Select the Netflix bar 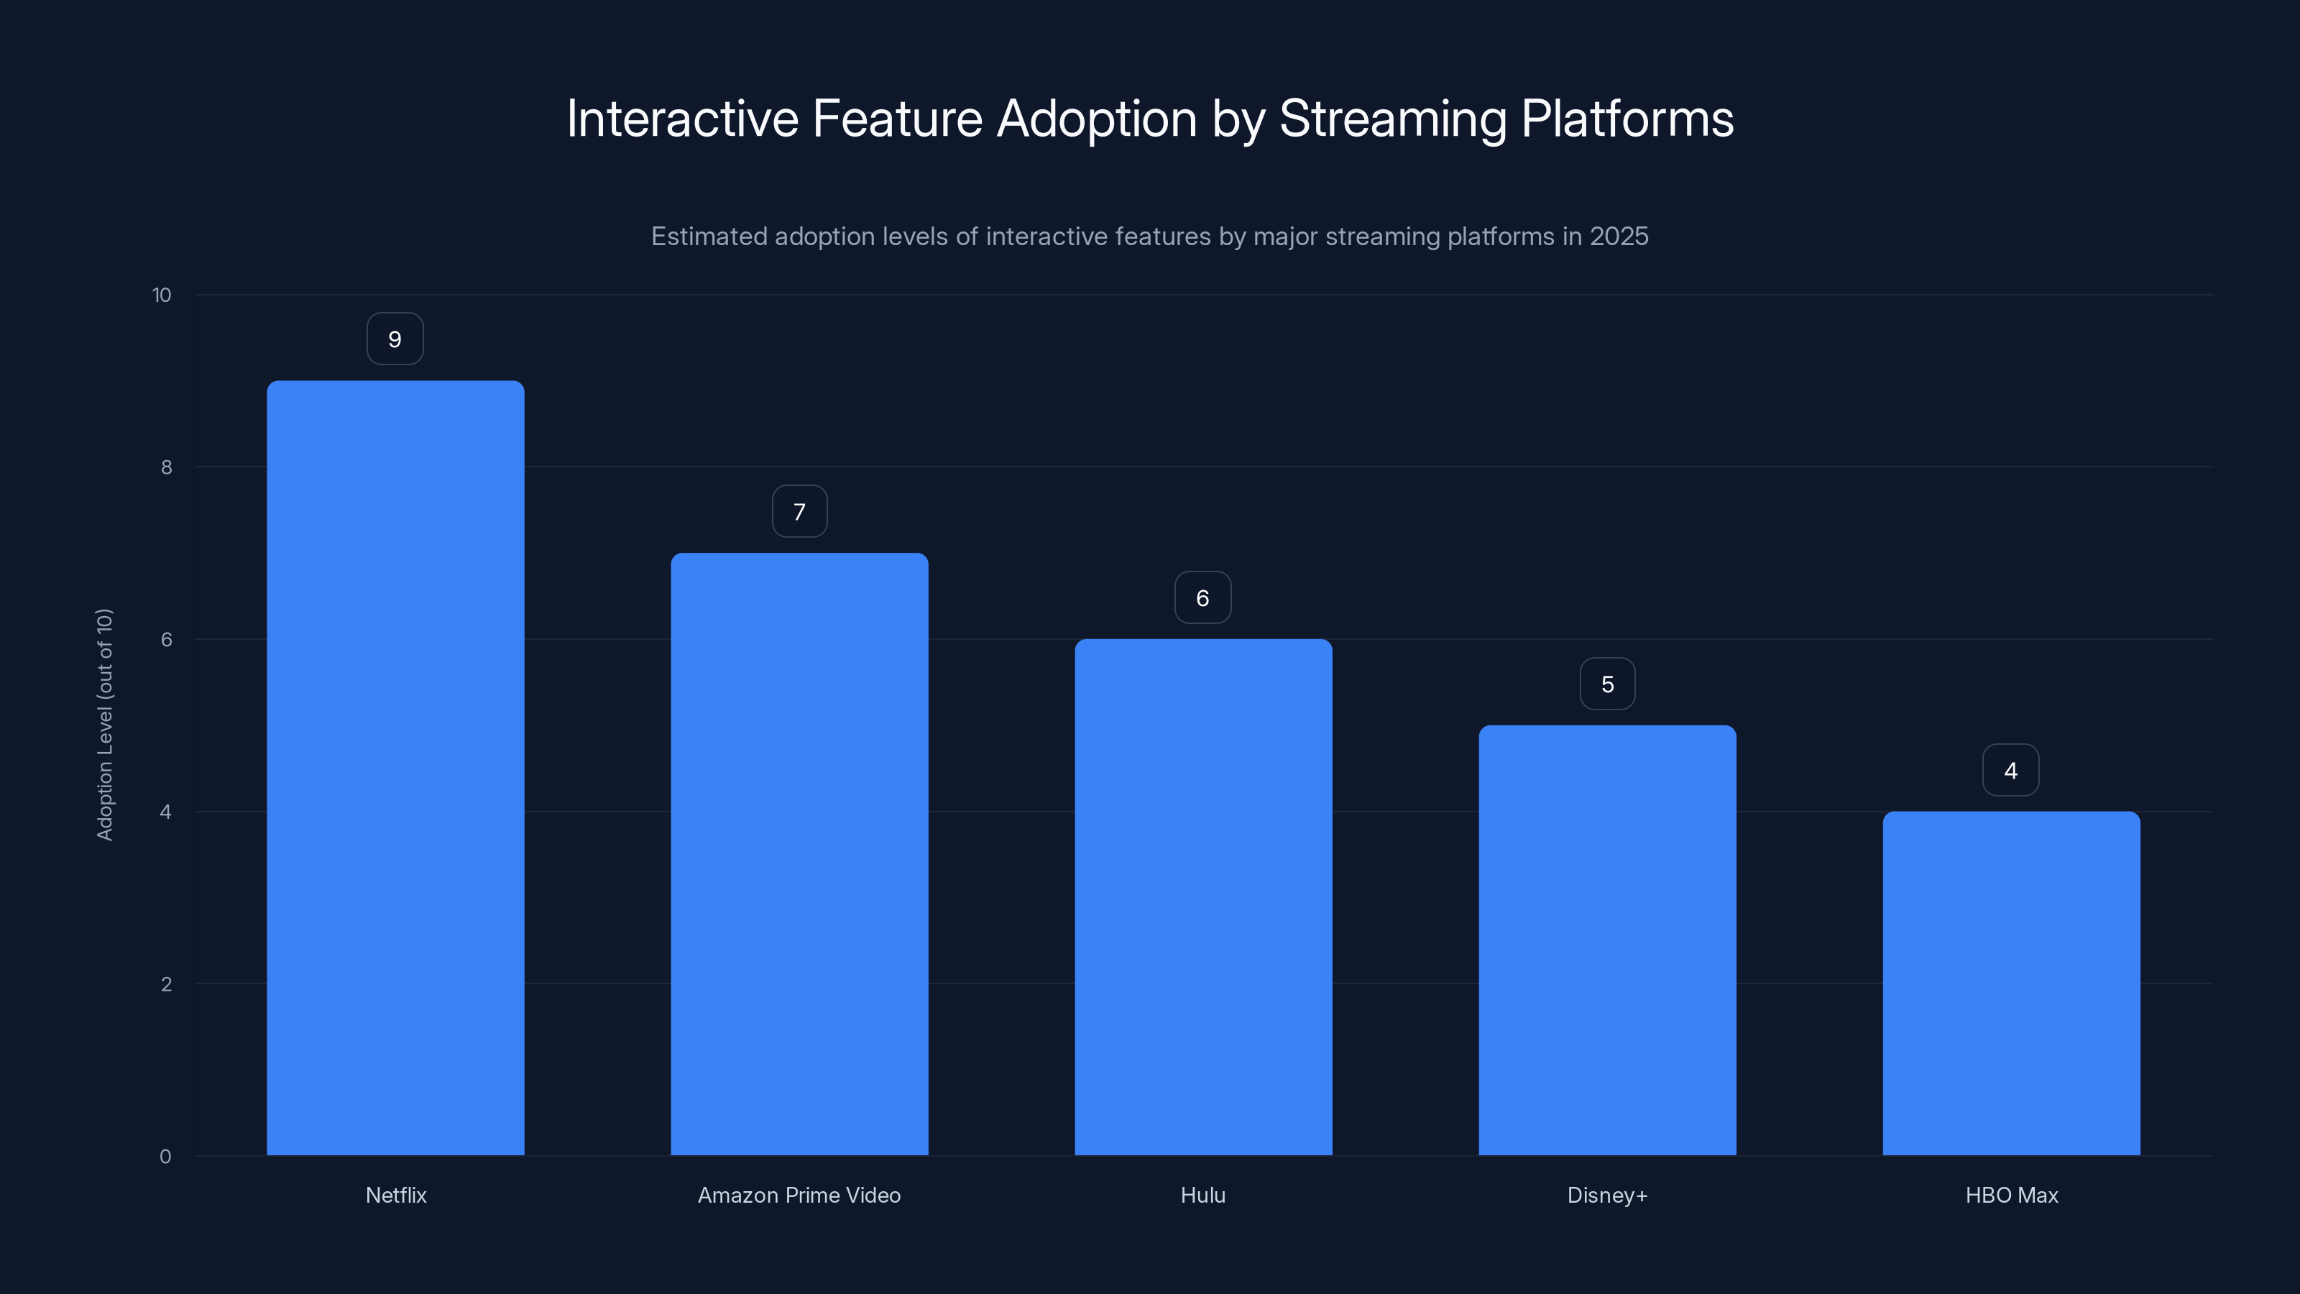(395, 768)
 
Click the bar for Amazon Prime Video (799, 854)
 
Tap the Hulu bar (1202, 896)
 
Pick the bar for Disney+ (1607, 940)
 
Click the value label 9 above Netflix (395, 339)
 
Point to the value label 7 (799, 512)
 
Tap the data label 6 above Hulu (1202, 598)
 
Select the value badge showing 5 (1607, 684)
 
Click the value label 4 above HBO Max (2011, 771)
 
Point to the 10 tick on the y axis (162, 295)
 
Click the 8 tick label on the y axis (166, 468)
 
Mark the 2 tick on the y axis (166, 984)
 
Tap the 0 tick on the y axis (165, 1157)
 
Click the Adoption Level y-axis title (104, 724)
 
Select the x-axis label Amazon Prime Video (799, 1195)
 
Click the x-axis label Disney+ (1607, 1195)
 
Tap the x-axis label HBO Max (2012, 1195)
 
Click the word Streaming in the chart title (1392, 119)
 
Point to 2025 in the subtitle (1618, 237)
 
